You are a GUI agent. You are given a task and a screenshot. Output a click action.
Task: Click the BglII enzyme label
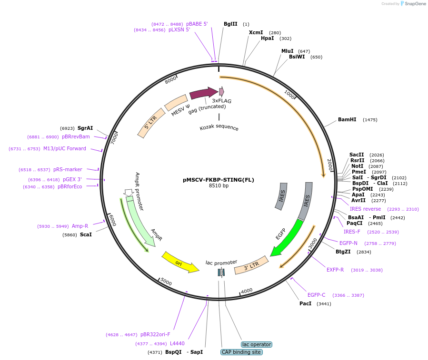coord(230,24)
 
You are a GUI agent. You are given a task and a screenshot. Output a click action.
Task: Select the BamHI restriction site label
coord(347,120)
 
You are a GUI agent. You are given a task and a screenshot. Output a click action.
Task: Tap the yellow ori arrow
coord(180,263)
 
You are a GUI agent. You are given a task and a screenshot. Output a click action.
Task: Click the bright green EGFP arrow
coord(286,238)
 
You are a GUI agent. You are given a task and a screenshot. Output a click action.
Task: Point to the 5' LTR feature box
coord(150,123)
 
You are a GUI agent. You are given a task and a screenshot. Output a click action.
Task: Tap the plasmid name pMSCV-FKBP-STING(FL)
coord(219,180)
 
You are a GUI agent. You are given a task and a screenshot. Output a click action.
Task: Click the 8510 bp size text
coord(219,186)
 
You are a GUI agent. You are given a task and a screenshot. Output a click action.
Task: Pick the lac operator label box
coord(257,344)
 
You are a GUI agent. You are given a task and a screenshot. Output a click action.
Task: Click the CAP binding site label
coord(241,352)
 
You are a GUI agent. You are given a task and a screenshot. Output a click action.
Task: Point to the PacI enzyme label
coord(305,303)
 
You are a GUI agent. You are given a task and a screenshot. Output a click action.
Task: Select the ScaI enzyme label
coord(86,234)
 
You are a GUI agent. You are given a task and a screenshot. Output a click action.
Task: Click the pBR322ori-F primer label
coord(155,334)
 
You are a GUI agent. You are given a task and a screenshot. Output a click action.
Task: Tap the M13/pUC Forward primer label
coord(65,148)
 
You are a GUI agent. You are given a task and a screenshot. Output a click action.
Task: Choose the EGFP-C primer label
coord(317,295)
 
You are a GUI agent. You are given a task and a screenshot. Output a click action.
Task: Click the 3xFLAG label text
coord(222,101)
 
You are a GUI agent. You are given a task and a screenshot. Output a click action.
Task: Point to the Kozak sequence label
coord(219,127)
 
